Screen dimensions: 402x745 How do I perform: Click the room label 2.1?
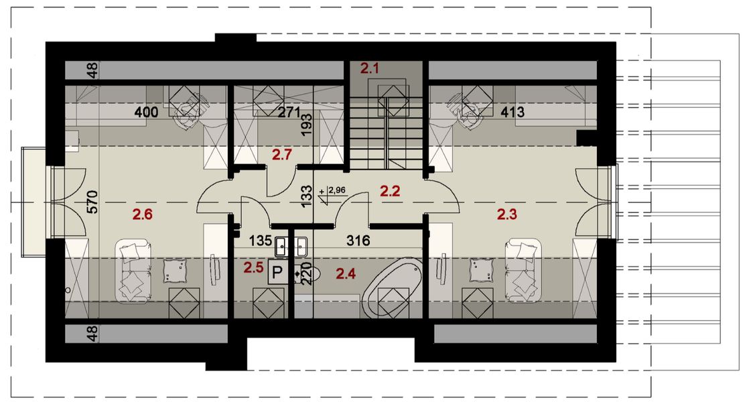(370, 67)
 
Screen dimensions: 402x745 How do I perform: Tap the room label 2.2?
(390, 192)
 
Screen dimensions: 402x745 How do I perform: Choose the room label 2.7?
(281, 155)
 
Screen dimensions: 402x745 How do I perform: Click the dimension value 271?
(289, 113)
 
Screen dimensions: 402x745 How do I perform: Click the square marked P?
(275, 272)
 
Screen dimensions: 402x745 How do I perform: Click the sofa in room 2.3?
(525, 269)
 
